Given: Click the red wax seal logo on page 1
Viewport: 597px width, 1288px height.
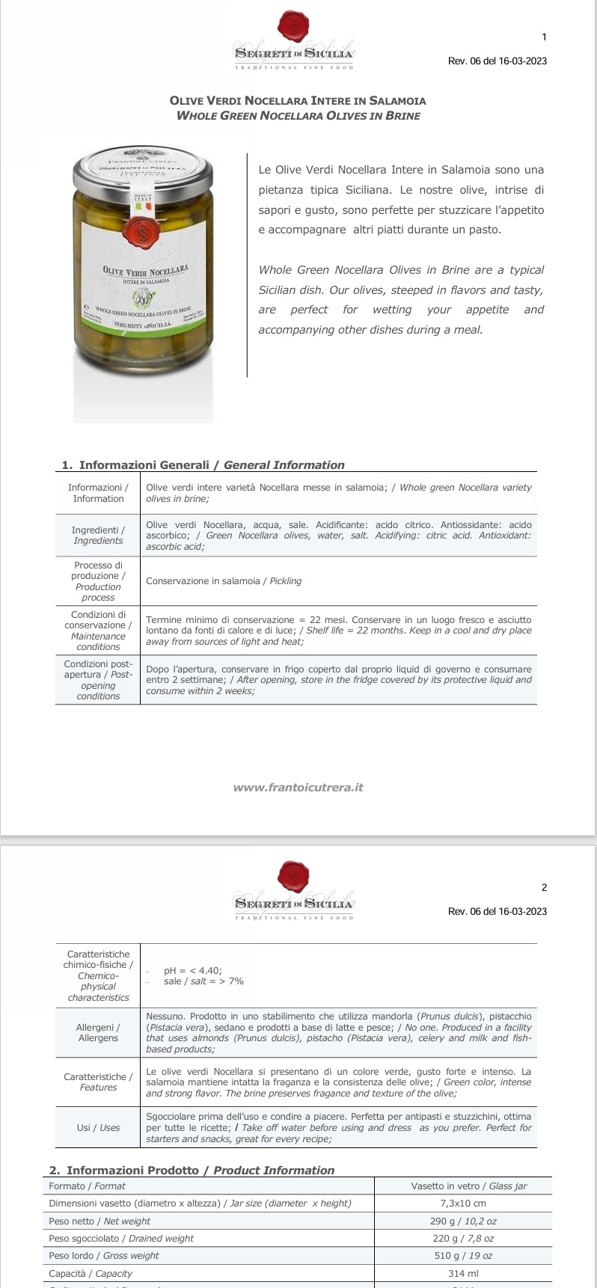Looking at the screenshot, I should (293, 26).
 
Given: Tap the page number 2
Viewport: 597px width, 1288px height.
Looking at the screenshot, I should (544, 888).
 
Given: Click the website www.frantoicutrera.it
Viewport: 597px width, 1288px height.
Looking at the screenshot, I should (298, 787).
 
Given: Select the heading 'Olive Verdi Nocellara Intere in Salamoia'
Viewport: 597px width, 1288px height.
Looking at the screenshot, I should (298, 100).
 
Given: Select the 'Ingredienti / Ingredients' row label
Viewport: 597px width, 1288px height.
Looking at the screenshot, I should (98, 535).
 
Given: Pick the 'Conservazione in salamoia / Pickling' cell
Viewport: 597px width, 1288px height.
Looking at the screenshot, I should (224, 581).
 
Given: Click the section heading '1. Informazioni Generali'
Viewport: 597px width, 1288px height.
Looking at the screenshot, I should (203, 465).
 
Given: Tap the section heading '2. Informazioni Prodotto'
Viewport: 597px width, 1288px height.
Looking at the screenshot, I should (192, 1170).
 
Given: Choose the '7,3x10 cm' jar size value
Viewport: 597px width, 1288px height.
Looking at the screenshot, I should (463, 1203).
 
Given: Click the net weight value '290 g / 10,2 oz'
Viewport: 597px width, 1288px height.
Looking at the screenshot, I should (463, 1221).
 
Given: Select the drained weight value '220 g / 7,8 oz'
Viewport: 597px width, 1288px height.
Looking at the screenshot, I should (463, 1238).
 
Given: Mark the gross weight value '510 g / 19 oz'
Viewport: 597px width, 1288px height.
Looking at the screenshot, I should (463, 1256).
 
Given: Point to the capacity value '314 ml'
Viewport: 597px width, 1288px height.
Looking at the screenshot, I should (463, 1273).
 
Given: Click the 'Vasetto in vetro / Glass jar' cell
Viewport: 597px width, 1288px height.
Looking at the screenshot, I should (462, 1186).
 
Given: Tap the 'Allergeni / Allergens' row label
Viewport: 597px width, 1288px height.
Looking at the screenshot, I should (98, 1033).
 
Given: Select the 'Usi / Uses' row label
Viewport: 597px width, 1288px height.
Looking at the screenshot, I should (98, 1127).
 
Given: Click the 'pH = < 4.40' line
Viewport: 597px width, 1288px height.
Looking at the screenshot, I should (192, 970).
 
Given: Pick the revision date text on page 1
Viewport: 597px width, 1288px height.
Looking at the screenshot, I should (497, 61).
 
